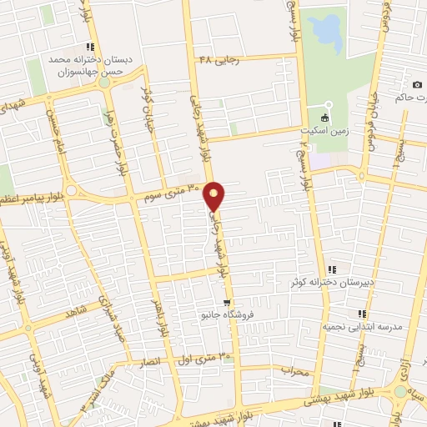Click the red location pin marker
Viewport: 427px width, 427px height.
[214, 195]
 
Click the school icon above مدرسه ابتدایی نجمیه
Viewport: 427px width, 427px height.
[361, 314]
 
